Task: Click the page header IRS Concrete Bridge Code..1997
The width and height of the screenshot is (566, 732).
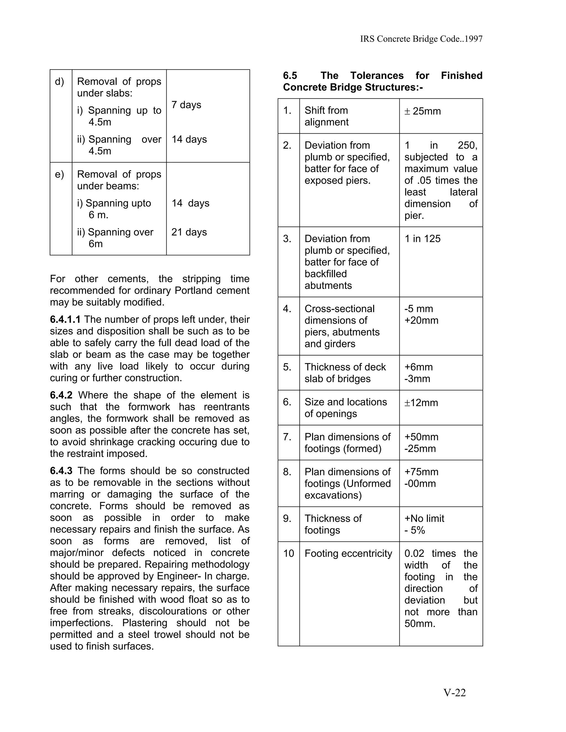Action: pos(421,39)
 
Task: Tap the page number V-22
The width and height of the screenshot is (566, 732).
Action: pos(454,692)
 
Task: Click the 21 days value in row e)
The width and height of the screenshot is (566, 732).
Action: pos(189,232)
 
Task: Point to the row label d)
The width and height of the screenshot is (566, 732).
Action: pos(59,81)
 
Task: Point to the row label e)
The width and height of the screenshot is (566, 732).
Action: pos(59,174)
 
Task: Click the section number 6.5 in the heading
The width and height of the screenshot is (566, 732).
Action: pos(290,75)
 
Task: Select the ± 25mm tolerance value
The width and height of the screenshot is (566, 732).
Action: pos(423,111)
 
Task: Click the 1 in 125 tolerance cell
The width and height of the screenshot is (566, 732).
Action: pos(422,239)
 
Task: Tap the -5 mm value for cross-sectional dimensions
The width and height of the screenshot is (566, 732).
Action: pos(418,309)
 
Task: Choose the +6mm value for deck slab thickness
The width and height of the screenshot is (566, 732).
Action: pos(418,367)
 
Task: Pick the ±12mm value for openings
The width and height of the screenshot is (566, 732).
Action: pos(421,402)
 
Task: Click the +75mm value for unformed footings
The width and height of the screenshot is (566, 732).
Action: pos(421,472)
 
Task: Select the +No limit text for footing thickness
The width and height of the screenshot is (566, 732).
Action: pos(424,518)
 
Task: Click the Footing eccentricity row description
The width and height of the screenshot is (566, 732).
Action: pos(348,553)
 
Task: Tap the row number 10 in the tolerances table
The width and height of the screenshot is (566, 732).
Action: pos(288,553)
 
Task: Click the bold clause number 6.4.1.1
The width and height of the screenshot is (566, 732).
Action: pos(65,319)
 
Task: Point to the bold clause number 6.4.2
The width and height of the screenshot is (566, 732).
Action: pos(61,395)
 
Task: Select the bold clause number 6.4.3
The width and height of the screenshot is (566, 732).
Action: pos(61,471)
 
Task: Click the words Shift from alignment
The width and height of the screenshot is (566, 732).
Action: pos(326,116)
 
